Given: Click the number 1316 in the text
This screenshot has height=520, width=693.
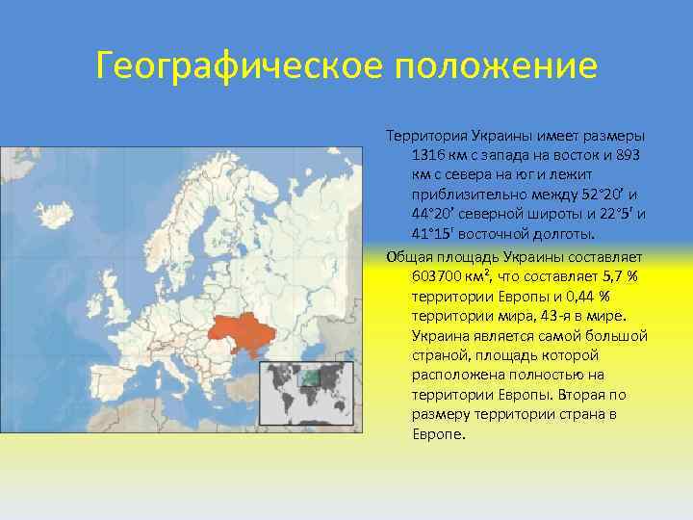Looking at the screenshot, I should coord(429,155).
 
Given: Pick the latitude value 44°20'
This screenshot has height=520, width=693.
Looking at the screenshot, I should coord(432,215).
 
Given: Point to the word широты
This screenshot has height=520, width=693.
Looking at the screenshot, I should coord(545,215).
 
